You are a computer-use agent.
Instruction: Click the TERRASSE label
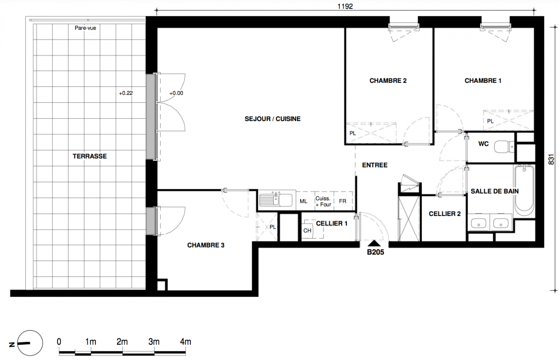(x=90, y=157)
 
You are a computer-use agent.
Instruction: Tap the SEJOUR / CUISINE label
(x=272, y=119)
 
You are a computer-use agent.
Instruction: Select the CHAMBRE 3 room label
(x=206, y=245)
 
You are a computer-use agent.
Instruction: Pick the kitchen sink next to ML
(x=276, y=200)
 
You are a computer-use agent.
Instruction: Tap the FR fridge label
(x=343, y=201)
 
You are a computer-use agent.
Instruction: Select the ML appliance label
(x=303, y=201)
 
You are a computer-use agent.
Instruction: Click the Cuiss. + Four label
(x=323, y=202)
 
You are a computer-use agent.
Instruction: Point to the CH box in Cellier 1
(x=307, y=230)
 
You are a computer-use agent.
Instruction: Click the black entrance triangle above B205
(x=374, y=243)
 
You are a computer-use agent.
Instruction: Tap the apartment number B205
(x=375, y=252)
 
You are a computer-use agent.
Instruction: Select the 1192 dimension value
(x=345, y=6)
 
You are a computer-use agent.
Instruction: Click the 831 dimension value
(x=551, y=159)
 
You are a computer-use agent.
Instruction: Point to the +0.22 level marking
(x=126, y=93)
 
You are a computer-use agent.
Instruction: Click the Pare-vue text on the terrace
(x=86, y=28)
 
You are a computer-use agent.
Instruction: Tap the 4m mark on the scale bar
(x=185, y=342)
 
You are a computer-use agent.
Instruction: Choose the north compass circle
(x=30, y=343)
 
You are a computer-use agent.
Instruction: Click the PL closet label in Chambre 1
(x=491, y=121)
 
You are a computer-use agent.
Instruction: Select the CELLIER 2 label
(x=445, y=214)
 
